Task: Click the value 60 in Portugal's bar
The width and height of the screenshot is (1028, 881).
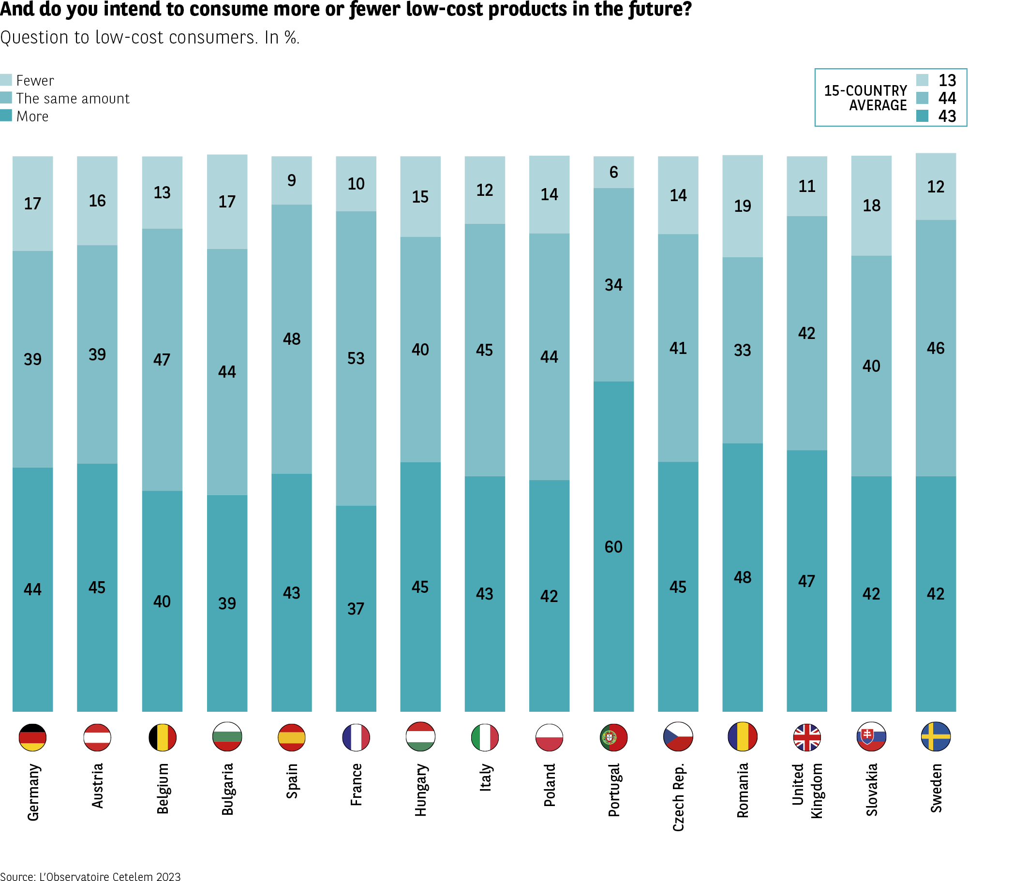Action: click(613, 547)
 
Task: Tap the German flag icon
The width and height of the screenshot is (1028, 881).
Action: click(33, 737)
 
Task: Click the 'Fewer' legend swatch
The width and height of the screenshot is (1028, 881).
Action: click(6, 80)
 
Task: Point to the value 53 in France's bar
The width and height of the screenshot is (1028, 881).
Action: click(356, 358)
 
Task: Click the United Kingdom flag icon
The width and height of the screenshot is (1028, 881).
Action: click(807, 737)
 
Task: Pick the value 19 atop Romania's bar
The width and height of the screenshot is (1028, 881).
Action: click(742, 206)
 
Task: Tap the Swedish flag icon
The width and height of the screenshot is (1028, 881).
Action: click(936, 737)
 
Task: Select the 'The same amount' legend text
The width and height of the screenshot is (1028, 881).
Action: click(73, 98)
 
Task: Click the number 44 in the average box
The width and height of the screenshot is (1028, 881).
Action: click(947, 98)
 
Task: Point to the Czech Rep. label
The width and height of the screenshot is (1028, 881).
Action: click(678, 797)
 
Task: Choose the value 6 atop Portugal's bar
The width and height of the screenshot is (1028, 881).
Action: click(614, 172)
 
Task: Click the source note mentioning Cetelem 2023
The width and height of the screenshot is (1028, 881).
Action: click(90, 877)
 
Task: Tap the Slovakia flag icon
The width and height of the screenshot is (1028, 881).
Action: click(871, 737)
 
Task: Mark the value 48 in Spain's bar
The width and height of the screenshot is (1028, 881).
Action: click(292, 338)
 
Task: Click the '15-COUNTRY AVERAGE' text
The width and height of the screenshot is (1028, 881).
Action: click(865, 98)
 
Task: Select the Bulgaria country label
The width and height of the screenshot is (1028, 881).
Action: click(227, 789)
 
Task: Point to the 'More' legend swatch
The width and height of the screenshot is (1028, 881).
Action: click(6, 116)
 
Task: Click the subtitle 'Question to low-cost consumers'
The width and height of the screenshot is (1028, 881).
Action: click(129, 38)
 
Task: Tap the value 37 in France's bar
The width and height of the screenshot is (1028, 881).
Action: click(356, 608)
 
